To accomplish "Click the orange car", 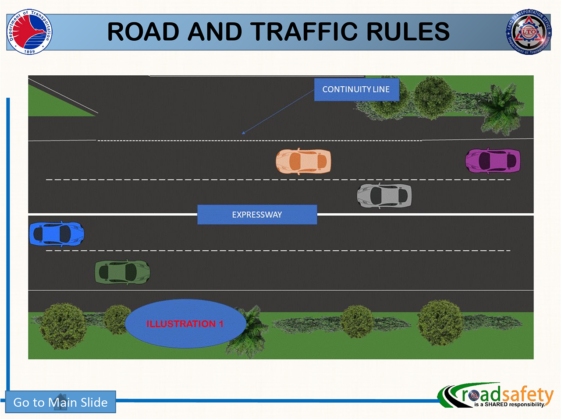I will [303, 162].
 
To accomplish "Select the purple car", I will [493, 161].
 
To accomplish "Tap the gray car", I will [384, 196].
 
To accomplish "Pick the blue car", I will [57, 234].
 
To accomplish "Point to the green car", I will [122, 272].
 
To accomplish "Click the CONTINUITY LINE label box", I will [356, 89].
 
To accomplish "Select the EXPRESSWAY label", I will [257, 215].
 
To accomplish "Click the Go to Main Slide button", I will [60, 402].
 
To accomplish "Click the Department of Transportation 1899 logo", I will [29, 32].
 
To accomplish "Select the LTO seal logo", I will [529, 32].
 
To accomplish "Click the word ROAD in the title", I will [143, 32].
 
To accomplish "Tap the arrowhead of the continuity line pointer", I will [244, 133].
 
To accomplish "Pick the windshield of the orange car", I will [315, 162].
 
